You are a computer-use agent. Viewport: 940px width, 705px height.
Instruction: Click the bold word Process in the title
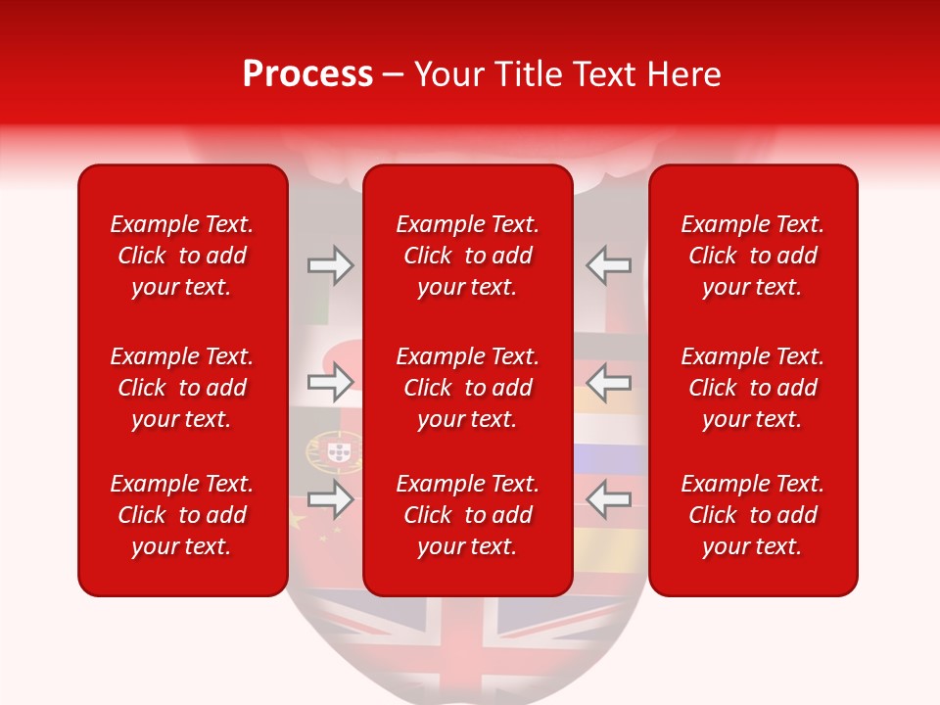pyautogui.click(x=307, y=74)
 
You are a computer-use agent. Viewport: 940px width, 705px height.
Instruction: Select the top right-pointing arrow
pyautogui.click(x=330, y=264)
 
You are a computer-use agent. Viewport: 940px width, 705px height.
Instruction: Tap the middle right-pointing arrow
pyautogui.click(x=330, y=382)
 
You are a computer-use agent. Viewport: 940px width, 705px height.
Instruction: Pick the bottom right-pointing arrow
pyautogui.click(x=330, y=499)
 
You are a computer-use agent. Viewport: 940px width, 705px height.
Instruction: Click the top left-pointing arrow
pyautogui.click(x=609, y=264)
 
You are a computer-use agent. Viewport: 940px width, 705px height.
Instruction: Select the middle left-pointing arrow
pyautogui.click(x=609, y=382)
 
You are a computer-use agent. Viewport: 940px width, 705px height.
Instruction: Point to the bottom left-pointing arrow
pyautogui.click(x=609, y=499)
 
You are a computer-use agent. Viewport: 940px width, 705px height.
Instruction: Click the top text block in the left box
pyautogui.click(x=182, y=256)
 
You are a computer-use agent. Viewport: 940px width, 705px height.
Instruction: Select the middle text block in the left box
pyautogui.click(x=182, y=388)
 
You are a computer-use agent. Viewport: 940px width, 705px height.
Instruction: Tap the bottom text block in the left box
pyautogui.click(x=182, y=515)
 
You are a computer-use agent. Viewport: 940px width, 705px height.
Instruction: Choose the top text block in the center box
pyautogui.click(x=468, y=256)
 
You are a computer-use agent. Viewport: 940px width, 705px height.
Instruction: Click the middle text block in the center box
pyautogui.click(x=468, y=388)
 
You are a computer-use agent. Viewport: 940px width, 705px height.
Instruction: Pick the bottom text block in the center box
pyautogui.click(x=468, y=515)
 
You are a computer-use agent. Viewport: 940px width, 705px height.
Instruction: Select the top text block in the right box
pyautogui.click(x=753, y=256)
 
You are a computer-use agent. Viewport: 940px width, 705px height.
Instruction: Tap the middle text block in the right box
pyautogui.click(x=753, y=388)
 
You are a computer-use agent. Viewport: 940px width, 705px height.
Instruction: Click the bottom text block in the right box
pyautogui.click(x=753, y=515)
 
